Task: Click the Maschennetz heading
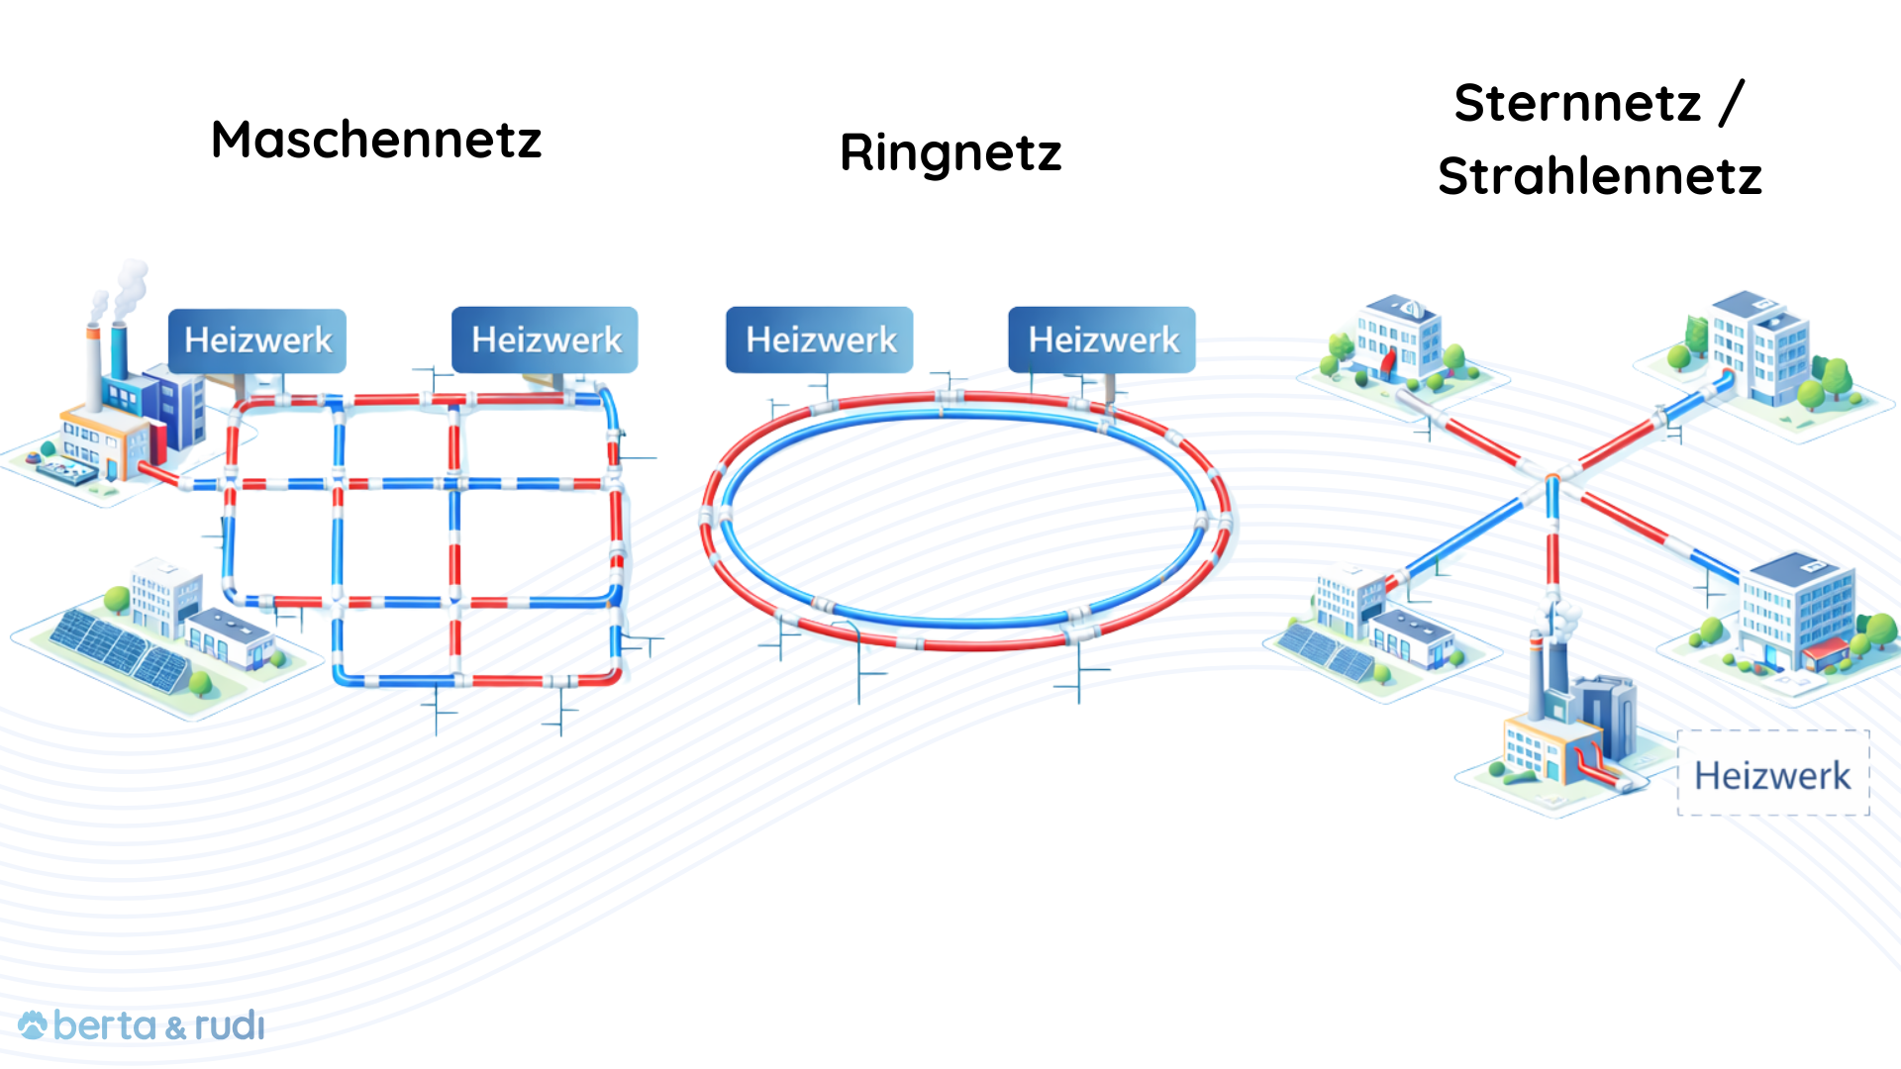[x=376, y=140]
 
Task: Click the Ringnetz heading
[x=950, y=153]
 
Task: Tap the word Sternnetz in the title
[x=1577, y=103]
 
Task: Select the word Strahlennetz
[x=1600, y=176]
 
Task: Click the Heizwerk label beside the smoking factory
[x=257, y=340]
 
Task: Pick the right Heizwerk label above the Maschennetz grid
[x=546, y=340]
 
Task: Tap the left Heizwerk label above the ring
[x=820, y=340]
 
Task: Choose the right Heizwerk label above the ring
[x=1102, y=340]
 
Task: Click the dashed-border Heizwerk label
[x=1772, y=775]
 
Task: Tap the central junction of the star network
[x=1552, y=479]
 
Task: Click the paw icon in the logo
[x=33, y=1025]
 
